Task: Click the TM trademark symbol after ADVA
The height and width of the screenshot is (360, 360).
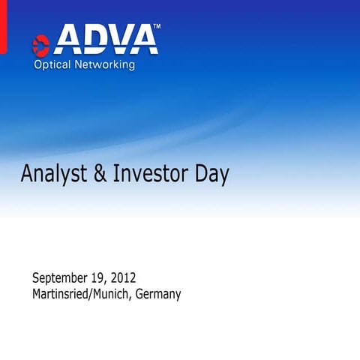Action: (156, 27)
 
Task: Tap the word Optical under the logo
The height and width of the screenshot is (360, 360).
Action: (52, 65)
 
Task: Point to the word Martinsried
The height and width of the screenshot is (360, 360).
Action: (65, 294)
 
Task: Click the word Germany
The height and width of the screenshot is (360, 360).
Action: (158, 295)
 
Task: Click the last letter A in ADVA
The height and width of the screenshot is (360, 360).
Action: (145, 40)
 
